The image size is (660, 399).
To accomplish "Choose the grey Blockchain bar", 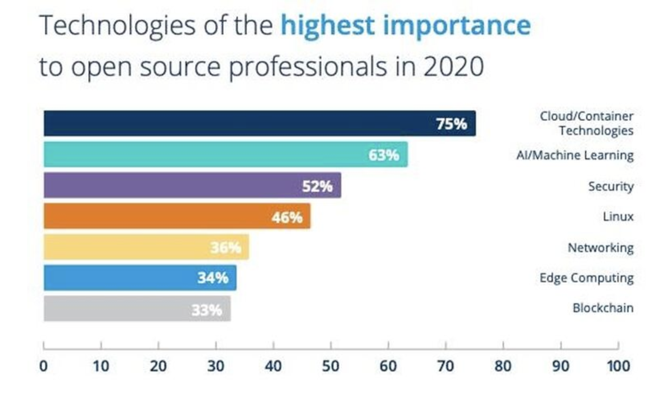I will (x=117, y=309).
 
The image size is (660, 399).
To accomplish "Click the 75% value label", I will (x=451, y=124).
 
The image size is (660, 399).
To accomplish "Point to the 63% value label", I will (x=383, y=155).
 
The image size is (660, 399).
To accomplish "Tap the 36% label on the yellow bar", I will (x=225, y=247).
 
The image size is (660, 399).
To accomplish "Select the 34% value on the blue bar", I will (x=213, y=278).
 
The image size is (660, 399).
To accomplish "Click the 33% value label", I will (x=207, y=310).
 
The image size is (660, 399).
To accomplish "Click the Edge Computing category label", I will (x=586, y=278).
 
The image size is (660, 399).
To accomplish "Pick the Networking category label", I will (x=600, y=248).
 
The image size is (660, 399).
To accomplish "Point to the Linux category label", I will (x=618, y=217).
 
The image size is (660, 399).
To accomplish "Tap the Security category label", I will (x=611, y=186).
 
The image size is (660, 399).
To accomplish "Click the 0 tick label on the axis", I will (x=43, y=366).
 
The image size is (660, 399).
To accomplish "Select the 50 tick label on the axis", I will (x=330, y=366).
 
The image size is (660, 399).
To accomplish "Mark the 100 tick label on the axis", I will (x=618, y=366).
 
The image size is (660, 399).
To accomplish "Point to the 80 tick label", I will (x=503, y=366).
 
